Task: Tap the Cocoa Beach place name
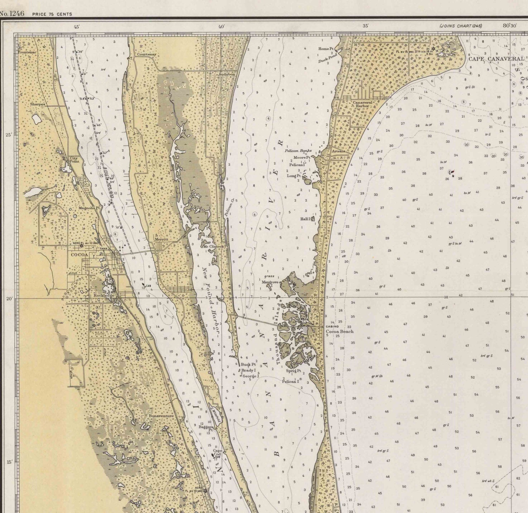pos(339,331)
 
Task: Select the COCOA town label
pos(79,255)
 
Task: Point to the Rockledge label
pos(104,295)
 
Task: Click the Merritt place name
pos(162,239)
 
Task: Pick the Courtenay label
pos(146,54)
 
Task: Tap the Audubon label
pos(226,74)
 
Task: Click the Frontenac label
pos(27,52)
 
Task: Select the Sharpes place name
pos(37,104)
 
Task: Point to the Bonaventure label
pos(161,416)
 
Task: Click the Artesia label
pos(338,151)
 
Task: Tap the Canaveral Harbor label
pos(362,104)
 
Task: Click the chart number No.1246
pos(12,13)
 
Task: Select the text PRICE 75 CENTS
pos(52,14)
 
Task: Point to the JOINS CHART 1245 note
pos(461,26)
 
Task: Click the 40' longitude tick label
pos(221,26)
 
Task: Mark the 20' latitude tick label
pos(9,299)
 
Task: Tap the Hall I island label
pos(305,219)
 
